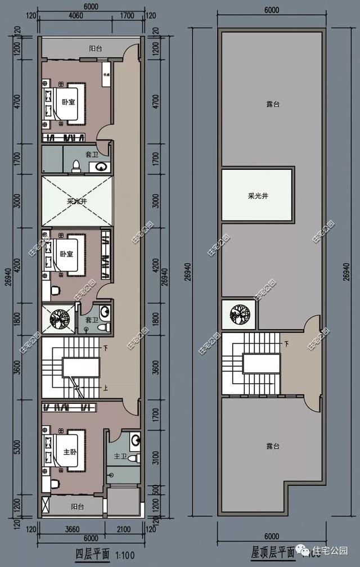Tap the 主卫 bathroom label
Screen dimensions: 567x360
click(x=120, y=456)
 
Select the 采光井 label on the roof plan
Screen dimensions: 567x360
click(x=257, y=196)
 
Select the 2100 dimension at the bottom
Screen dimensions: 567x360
click(x=123, y=529)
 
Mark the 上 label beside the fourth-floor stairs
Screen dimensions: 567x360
click(x=105, y=388)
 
